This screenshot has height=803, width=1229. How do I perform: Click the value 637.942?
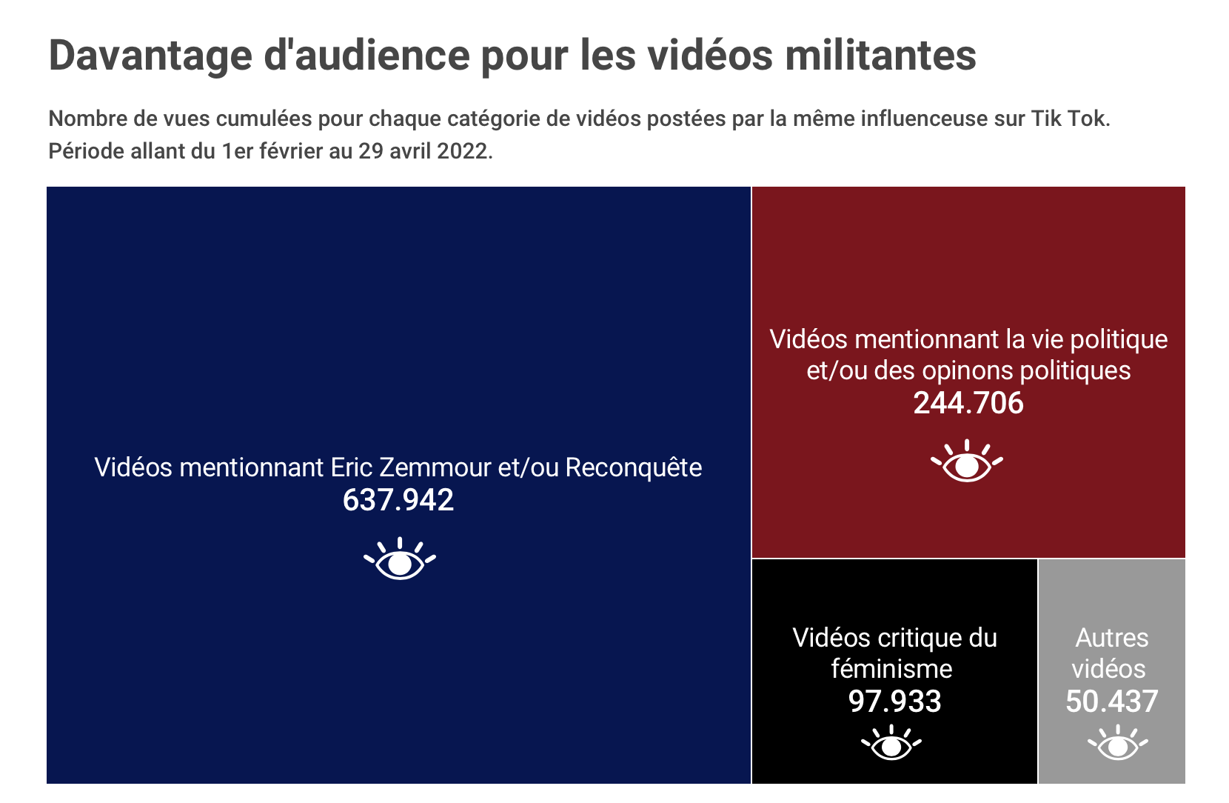click(x=398, y=500)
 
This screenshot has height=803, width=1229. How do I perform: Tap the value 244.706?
click(x=968, y=403)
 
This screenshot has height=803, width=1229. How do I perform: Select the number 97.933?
click(x=894, y=702)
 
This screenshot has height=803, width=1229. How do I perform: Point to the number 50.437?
click(x=1111, y=702)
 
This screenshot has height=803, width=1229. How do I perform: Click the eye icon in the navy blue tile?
click(x=400, y=559)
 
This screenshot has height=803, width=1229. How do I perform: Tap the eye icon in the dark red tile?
click(x=967, y=462)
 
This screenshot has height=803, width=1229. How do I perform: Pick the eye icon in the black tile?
click(x=891, y=744)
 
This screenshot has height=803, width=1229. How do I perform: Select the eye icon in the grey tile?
click(x=1117, y=744)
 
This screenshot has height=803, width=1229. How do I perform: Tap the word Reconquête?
click(x=634, y=468)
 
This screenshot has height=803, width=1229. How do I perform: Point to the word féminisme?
click(x=891, y=669)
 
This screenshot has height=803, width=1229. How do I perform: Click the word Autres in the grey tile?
click(x=1112, y=638)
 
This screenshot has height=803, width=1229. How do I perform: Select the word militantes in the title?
click(x=880, y=56)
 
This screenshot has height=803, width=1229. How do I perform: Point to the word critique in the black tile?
click(x=919, y=638)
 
